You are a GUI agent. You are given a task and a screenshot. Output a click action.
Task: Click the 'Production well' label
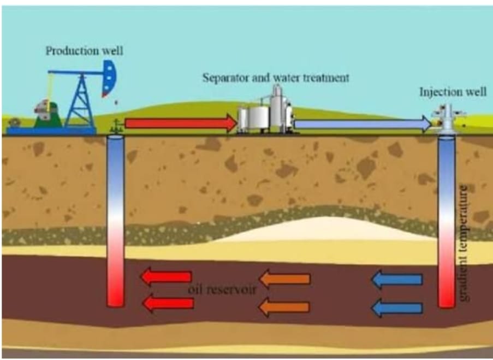85,51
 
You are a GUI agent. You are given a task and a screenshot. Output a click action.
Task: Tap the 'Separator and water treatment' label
276,77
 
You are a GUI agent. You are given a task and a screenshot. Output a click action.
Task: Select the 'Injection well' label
453,91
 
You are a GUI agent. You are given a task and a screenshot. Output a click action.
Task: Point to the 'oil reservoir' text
222,289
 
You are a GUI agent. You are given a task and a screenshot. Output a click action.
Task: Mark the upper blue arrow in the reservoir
396,280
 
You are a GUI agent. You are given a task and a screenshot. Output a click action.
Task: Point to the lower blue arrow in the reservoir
396,308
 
